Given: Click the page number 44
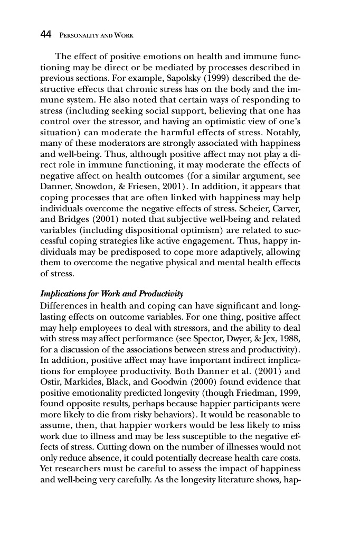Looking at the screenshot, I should tap(45, 35).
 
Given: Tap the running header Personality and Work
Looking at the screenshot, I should tap(95, 35).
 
